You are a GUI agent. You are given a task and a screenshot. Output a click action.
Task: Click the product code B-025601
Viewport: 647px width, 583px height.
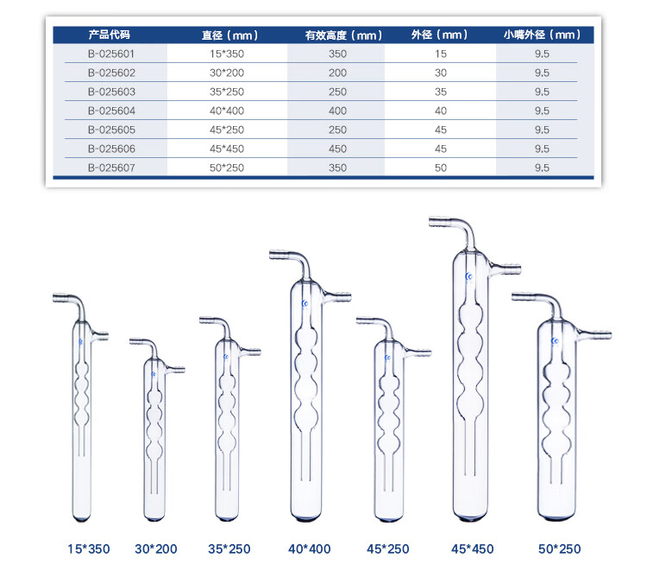click(111, 54)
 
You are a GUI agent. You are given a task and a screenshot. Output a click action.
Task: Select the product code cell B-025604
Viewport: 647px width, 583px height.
click(111, 111)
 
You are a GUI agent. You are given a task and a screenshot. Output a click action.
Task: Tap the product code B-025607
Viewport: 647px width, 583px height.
click(111, 168)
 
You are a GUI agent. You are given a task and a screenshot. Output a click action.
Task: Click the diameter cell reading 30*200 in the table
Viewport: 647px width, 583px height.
click(227, 73)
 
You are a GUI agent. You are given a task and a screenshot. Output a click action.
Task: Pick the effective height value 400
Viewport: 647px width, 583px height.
click(337, 111)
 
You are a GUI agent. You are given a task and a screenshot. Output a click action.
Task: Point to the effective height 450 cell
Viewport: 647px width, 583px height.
click(337, 149)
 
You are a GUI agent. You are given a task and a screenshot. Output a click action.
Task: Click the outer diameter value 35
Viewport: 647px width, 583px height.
click(441, 92)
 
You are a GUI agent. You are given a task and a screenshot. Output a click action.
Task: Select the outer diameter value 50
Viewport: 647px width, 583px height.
click(441, 168)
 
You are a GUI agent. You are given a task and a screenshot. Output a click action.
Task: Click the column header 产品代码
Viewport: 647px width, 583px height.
click(110, 35)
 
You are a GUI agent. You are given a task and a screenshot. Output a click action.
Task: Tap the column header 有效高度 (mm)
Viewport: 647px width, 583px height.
click(343, 35)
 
